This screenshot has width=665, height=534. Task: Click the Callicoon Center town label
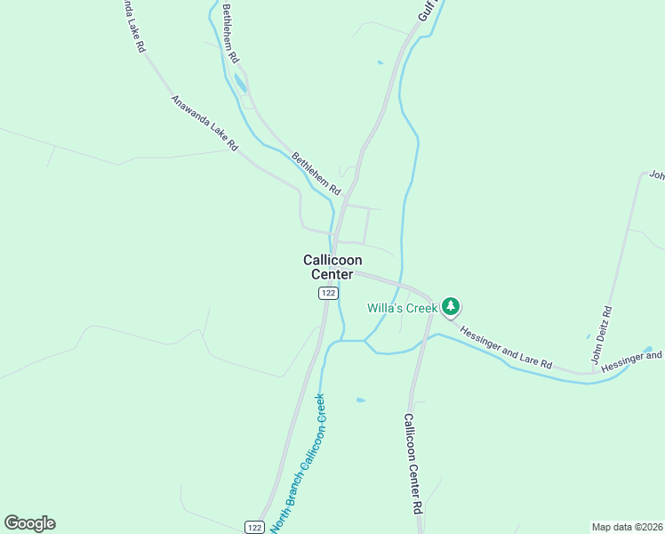[x=332, y=267]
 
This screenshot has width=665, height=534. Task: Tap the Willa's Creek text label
[x=403, y=308]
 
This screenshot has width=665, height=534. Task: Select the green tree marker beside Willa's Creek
[x=452, y=307]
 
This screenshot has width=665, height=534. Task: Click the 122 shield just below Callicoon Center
[x=328, y=294]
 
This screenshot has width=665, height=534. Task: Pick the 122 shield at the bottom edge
[x=254, y=527]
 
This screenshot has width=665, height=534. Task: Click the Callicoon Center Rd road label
[x=413, y=464]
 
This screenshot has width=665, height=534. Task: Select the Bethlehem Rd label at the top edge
[x=231, y=33]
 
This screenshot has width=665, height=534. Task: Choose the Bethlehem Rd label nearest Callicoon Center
[x=316, y=174]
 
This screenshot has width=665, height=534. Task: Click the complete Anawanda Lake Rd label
[x=204, y=122]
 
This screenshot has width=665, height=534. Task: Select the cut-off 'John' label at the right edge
[x=656, y=174]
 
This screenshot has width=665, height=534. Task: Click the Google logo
[x=29, y=523]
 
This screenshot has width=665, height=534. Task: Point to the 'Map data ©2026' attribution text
[x=627, y=526]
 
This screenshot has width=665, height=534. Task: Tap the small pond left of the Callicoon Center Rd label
[x=360, y=400]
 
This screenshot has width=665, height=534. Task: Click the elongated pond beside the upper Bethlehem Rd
[x=240, y=85]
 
